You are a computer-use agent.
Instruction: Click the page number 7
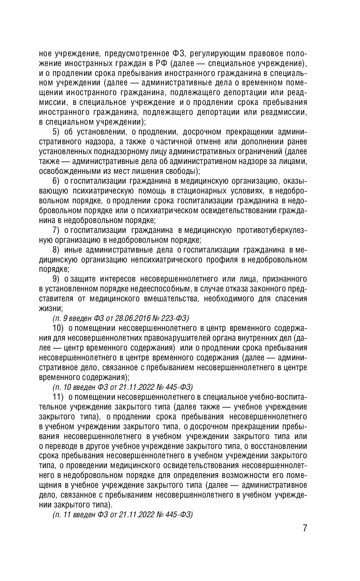point(305,528)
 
